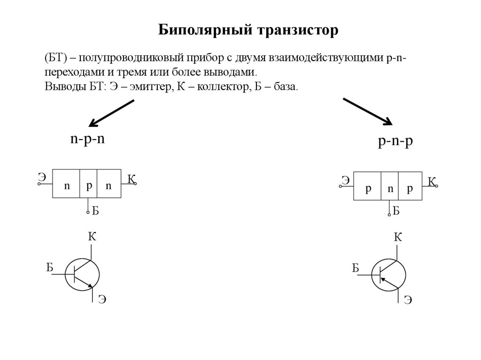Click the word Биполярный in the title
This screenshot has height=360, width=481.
click(204, 31)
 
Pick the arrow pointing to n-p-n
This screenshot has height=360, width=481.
click(112, 114)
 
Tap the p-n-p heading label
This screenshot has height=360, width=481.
click(396, 142)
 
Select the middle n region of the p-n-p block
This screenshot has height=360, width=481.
click(390, 189)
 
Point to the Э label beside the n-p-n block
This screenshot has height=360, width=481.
click(42, 177)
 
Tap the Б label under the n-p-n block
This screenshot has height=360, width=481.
click(95, 211)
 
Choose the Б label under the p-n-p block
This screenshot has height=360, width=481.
click(396, 211)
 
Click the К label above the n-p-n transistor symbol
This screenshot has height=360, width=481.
click(92, 237)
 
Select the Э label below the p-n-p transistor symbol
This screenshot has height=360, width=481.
click(408, 299)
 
